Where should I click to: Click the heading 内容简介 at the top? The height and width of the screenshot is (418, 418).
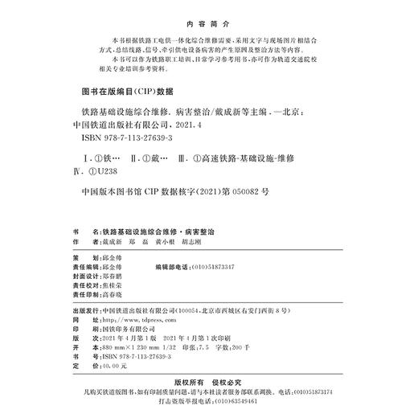208,23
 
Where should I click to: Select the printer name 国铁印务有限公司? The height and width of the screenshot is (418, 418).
126,328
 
